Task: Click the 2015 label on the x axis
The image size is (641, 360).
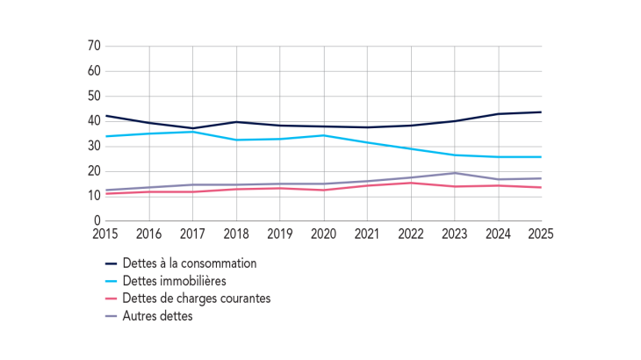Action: (105, 234)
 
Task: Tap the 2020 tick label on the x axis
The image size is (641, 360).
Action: (324, 234)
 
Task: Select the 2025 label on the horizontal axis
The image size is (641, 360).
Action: (542, 234)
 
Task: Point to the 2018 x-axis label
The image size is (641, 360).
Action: (236, 234)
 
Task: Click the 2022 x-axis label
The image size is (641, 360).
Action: (411, 234)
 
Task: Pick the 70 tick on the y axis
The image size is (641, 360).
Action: (94, 46)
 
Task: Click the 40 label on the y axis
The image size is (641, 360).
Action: (94, 121)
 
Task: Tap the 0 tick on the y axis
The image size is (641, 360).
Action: (97, 221)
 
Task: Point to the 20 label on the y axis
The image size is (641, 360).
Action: (94, 171)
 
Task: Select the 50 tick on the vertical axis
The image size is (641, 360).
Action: (94, 96)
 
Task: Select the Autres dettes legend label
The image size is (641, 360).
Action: (159, 316)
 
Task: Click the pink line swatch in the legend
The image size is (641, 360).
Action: (112, 299)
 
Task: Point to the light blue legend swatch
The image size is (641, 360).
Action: (112, 281)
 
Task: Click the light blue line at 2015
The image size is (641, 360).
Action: (105, 136)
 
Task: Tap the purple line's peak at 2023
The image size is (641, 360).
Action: (455, 173)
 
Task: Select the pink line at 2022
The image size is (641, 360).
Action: (411, 183)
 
